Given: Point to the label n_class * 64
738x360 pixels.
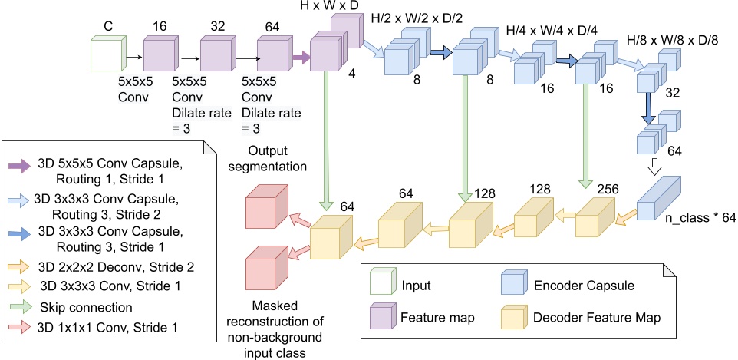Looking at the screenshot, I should [x=699, y=218].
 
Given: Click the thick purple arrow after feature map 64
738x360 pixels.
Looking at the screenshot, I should [x=300, y=57].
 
